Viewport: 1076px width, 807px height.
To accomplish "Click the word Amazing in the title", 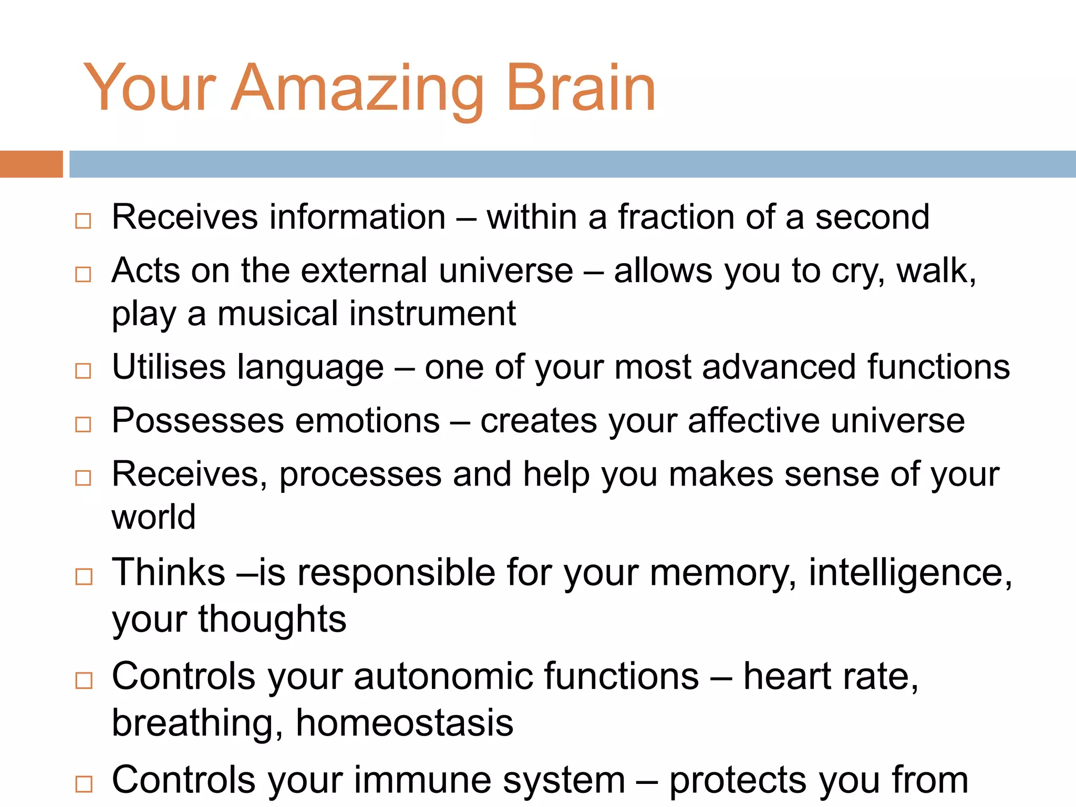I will (x=357, y=89).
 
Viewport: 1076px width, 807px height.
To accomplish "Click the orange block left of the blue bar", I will (x=31, y=164).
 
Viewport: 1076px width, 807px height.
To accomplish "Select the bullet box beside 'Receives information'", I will (x=83, y=221).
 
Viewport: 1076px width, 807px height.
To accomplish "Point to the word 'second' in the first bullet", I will (x=872, y=218).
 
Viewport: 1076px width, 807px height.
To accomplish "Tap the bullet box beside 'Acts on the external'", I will (x=83, y=274).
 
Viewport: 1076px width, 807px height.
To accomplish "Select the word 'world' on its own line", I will (x=154, y=518).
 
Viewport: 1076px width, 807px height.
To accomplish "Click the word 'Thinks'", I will (x=169, y=572).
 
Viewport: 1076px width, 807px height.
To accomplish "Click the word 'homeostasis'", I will (x=405, y=723).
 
